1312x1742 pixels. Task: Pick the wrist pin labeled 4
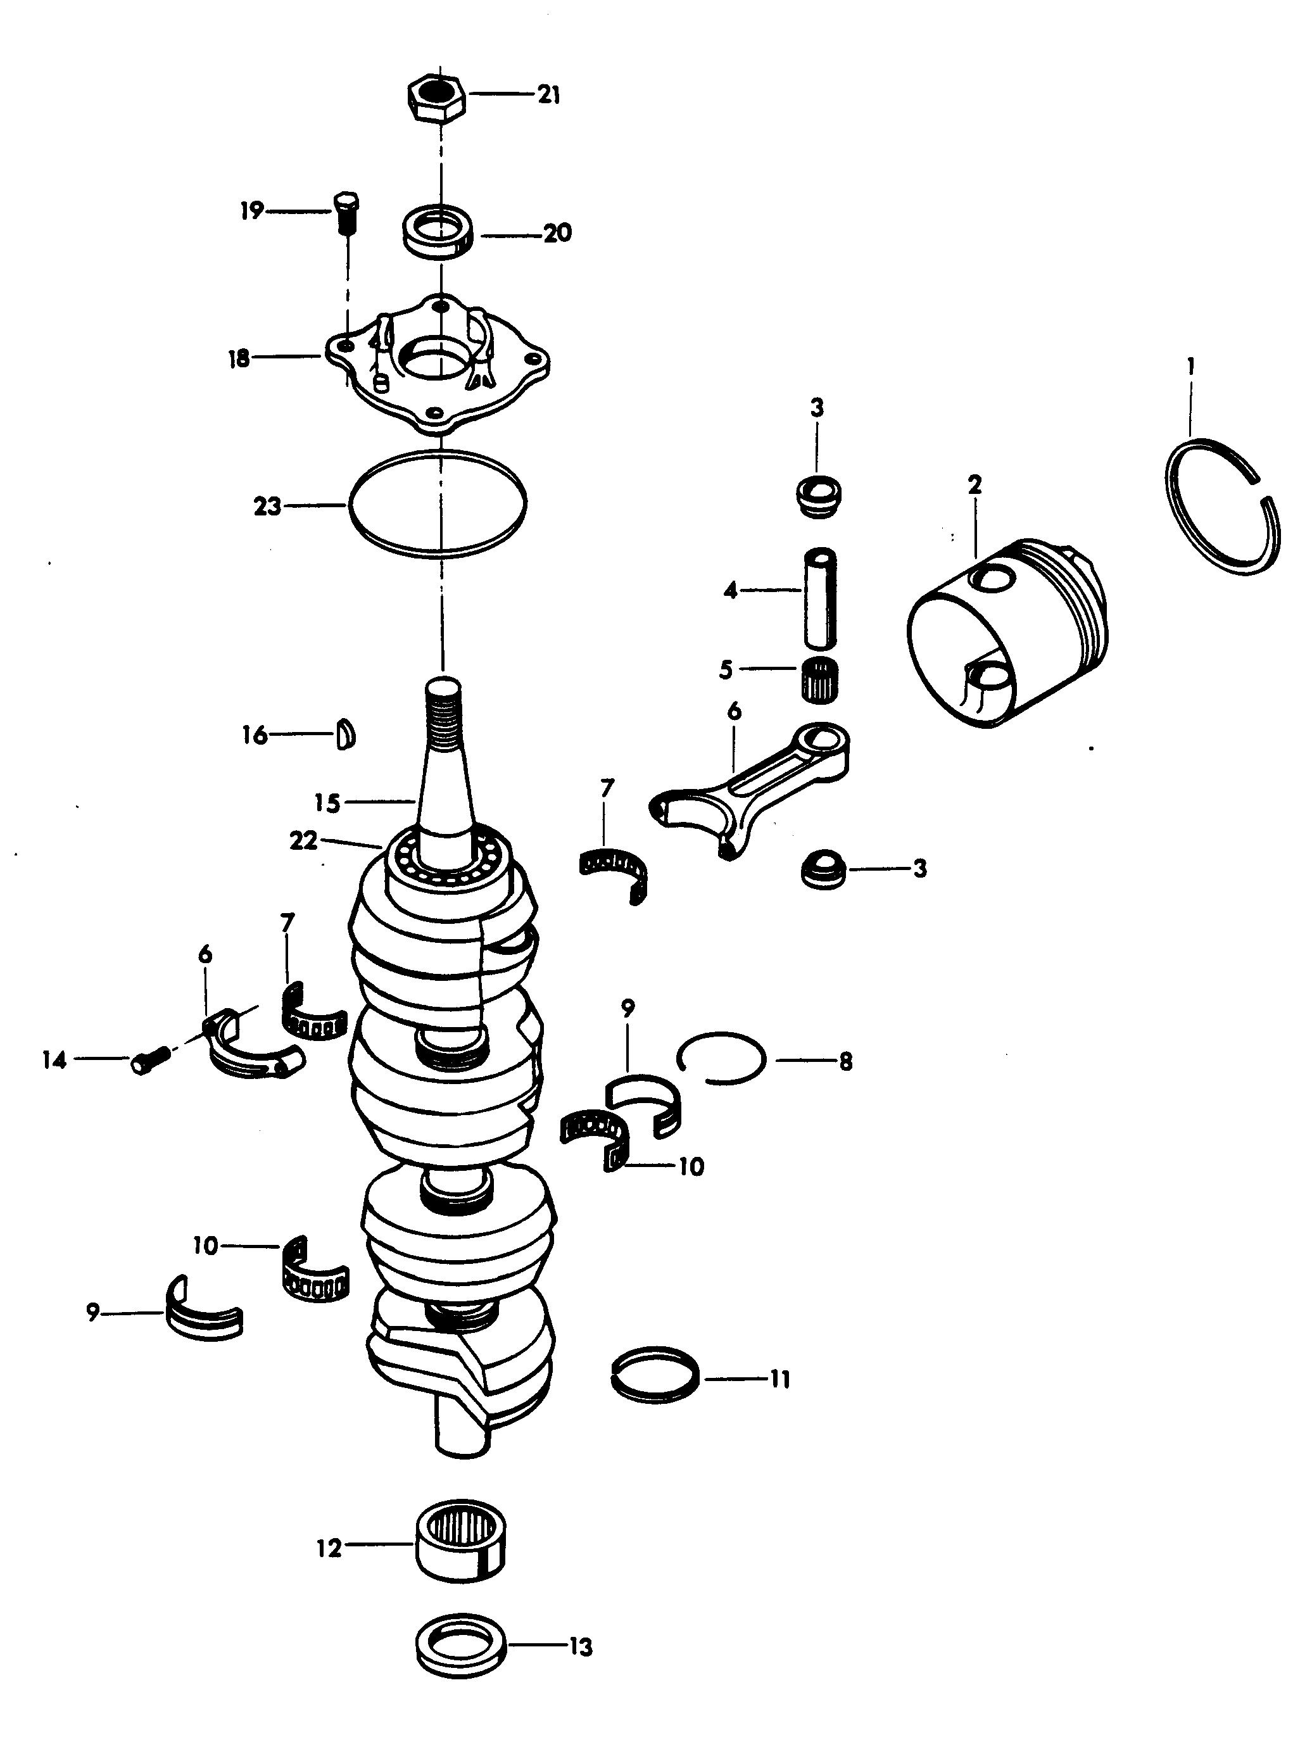coord(819,596)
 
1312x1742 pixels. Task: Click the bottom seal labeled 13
coord(460,1650)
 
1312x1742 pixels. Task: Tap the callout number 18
coord(238,359)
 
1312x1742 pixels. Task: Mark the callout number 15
coord(326,804)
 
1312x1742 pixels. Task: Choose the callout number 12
coord(329,1548)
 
